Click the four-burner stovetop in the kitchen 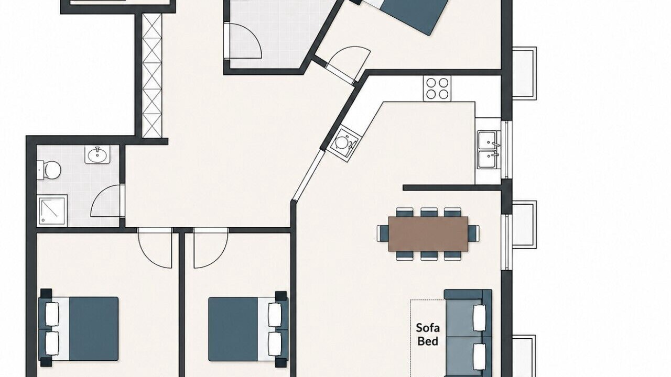(x=437, y=88)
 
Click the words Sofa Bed (x=428, y=335)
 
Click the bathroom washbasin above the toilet (x=97, y=154)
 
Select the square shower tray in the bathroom (x=52, y=210)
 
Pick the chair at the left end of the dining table (x=383, y=234)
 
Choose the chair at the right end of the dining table (x=473, y=234)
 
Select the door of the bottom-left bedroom (x=155, y=248)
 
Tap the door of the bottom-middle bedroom (x=211, y=248)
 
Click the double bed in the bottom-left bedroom (x=78, y=328)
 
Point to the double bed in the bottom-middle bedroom (x=248, y=329)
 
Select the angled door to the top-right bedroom (x=348, y=64)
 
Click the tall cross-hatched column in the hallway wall (x=152, y=76)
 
